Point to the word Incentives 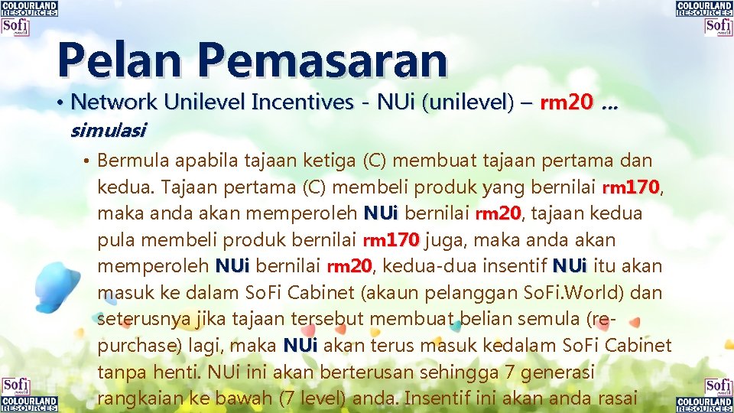[x=303, y=102]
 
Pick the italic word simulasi [x=108, y=130]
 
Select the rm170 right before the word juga [x=391, y=240]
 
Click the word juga [x=443, y=240]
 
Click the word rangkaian [x=140, y=398]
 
